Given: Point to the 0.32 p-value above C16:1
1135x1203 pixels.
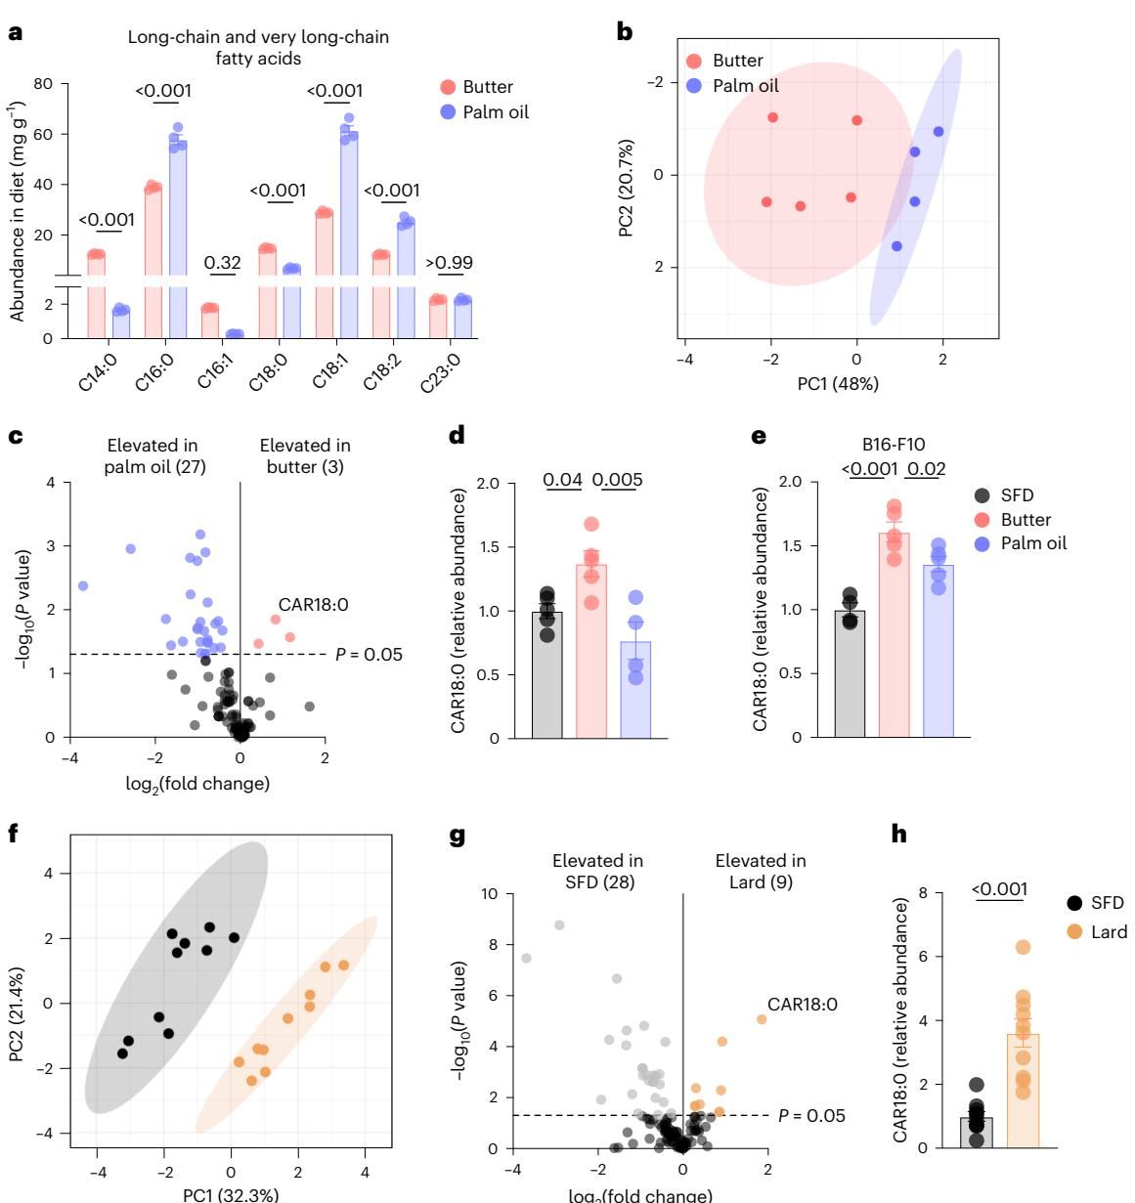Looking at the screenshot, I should coord(222,262).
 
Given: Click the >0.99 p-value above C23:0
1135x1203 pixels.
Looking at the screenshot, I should coord(452,262).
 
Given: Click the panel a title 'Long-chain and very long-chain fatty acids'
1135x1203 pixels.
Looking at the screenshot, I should coord(258,48).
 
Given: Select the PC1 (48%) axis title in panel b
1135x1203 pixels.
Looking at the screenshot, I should coord(838,384).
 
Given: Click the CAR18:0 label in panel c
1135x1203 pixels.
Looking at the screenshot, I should coord(313,605).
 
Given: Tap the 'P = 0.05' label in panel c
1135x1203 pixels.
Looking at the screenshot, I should coord(369,655).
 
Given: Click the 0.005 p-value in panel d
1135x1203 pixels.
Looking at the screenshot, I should coord(618,480).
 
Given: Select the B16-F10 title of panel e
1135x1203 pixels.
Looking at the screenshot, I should coord(894,444).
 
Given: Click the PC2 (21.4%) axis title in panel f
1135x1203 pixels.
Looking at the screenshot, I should coord(17,1004).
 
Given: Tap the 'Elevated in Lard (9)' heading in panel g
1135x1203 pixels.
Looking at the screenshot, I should coord(761,872).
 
